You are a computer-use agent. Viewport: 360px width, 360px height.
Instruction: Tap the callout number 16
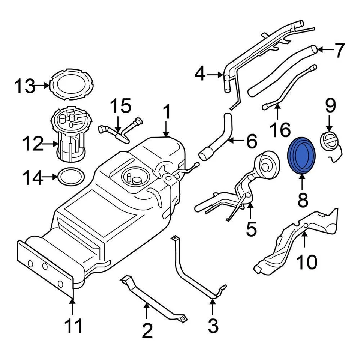click(x=280, y=129)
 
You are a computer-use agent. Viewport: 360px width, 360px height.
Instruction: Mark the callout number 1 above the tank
click(x=166, y=112)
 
